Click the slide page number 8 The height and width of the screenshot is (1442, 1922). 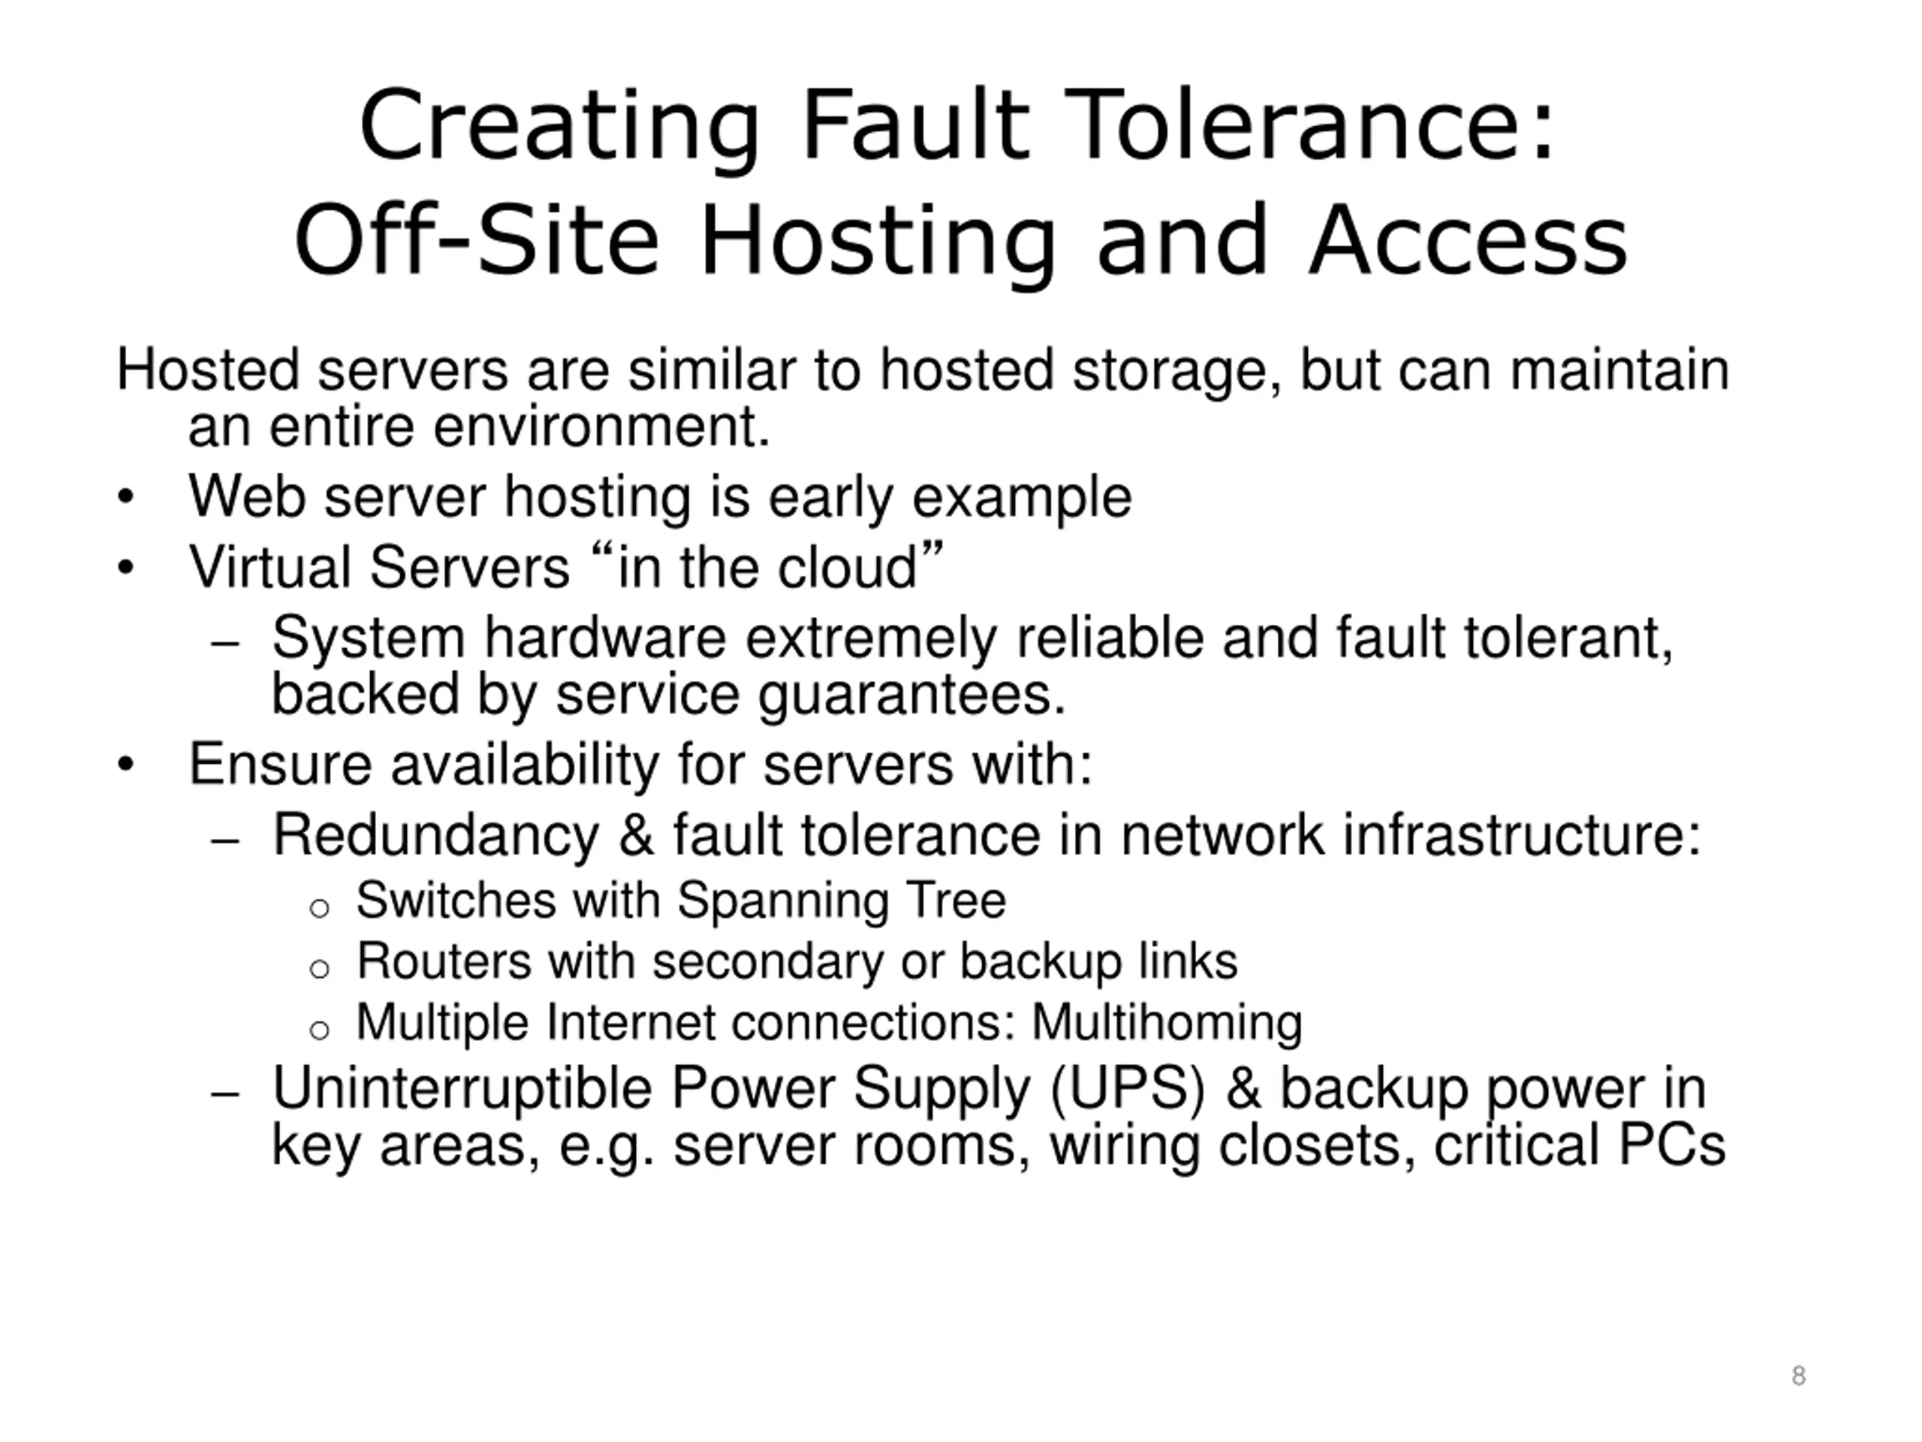1798,1376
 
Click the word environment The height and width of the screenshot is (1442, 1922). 601,427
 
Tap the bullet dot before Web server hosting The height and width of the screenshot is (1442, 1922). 126,498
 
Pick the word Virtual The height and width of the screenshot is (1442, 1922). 270,568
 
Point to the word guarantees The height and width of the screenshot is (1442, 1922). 911,695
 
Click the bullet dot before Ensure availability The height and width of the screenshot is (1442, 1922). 126,765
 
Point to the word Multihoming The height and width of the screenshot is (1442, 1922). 1167,1022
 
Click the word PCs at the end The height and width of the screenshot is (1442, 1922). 1672,1145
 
